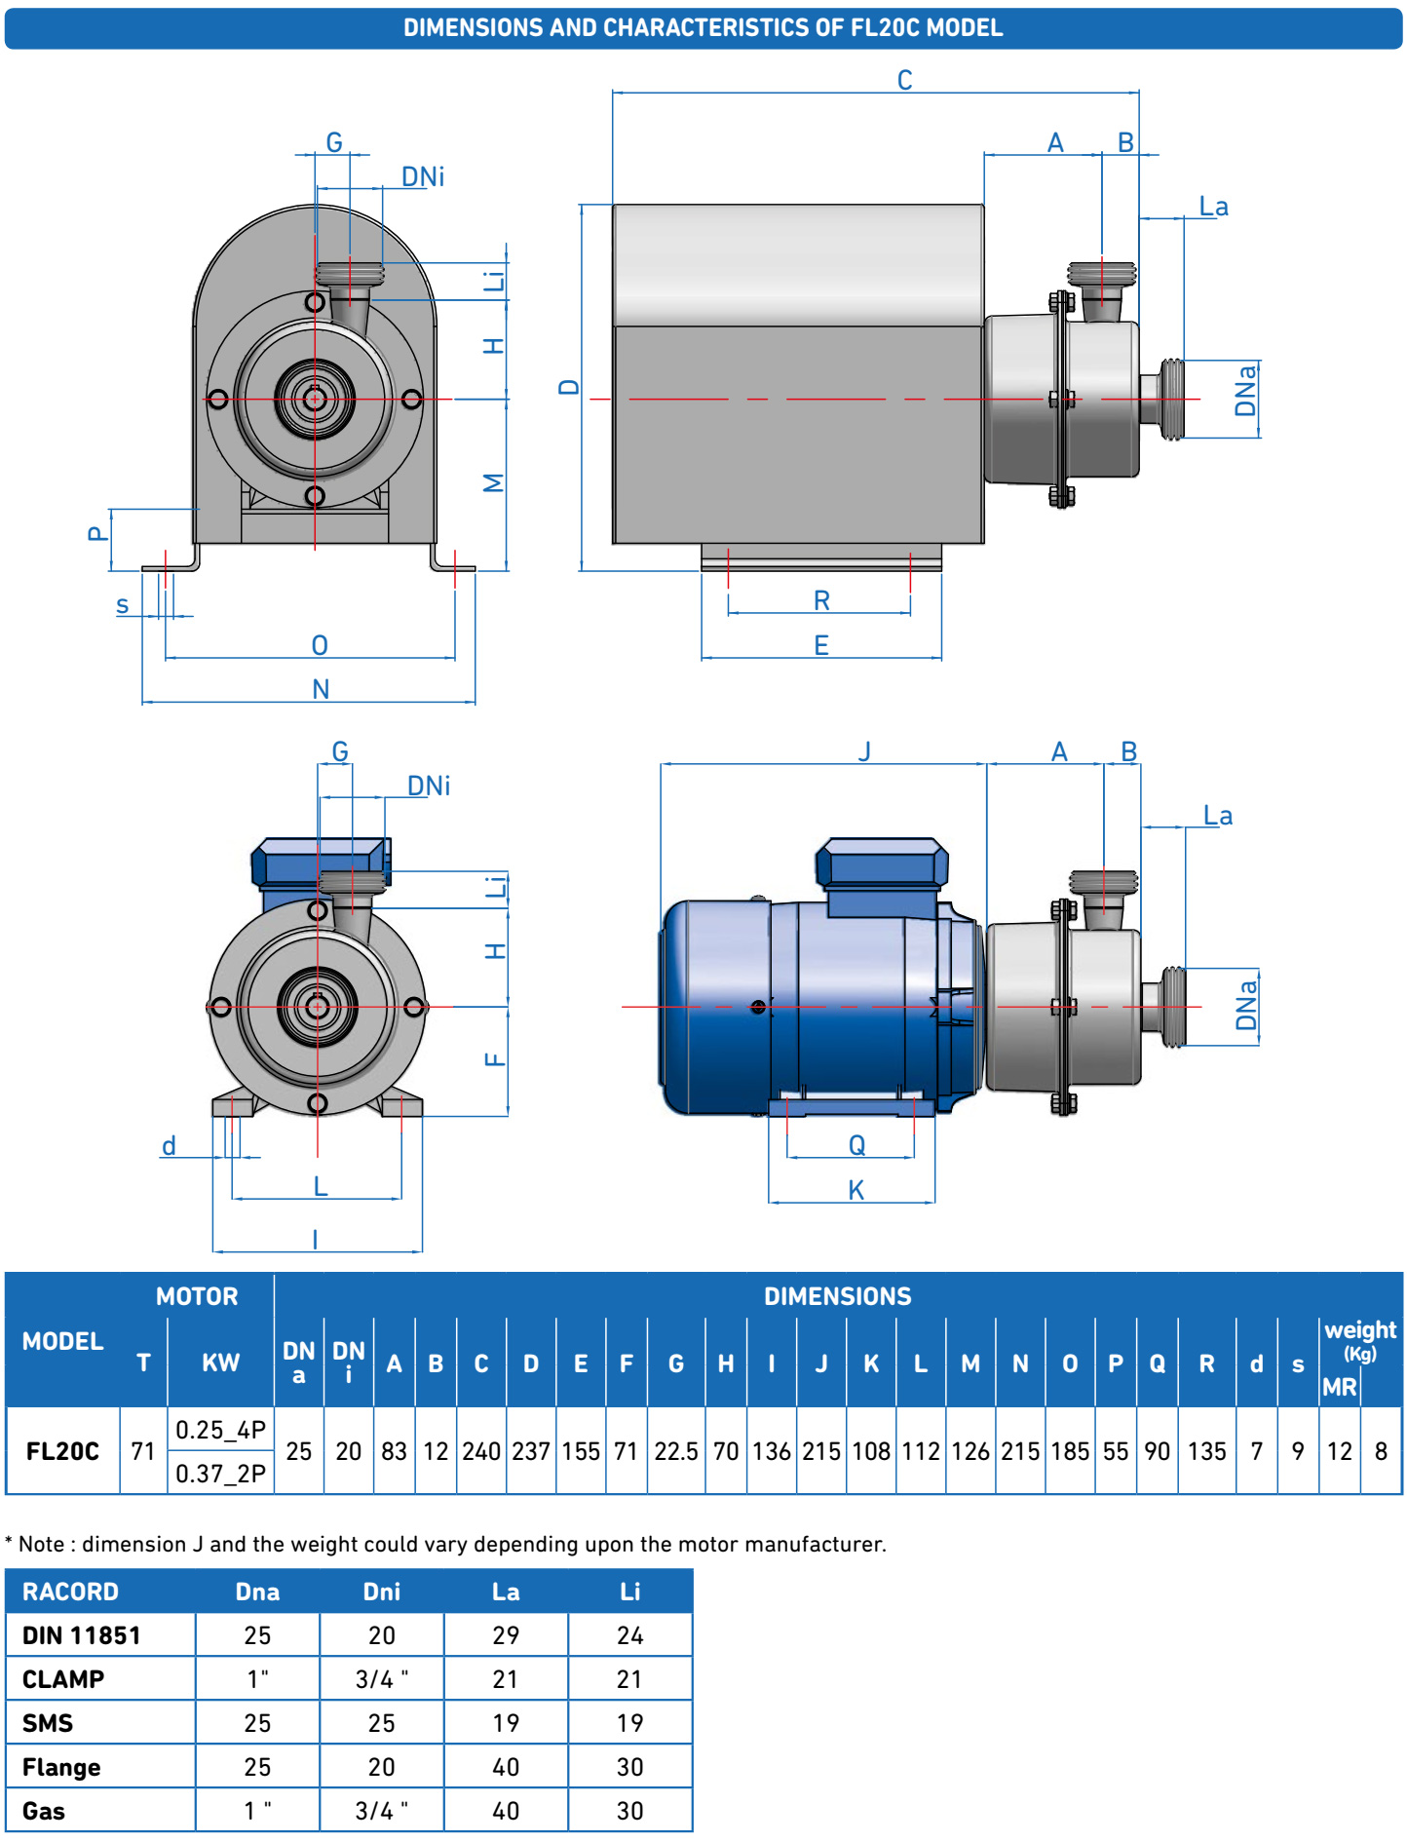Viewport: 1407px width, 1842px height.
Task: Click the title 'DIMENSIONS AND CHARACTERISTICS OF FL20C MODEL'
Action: click(x=703, y=27)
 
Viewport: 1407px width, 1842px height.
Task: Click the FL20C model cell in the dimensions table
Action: click(x=62, y=1451)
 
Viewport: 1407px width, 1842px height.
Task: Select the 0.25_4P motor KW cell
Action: click(x=220, y=1430)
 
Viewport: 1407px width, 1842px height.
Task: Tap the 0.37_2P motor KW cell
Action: click(x=220, y=1474)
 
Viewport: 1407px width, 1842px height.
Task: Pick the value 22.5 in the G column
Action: click(x=675, y=1451)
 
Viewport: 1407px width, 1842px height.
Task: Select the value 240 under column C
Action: click(x=481, y=1451)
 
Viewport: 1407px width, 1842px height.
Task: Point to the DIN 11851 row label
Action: click(x=82, y=1635)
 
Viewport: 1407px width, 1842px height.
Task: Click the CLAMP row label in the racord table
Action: click(x=63, y=1679)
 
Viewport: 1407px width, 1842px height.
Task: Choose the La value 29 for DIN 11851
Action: click(x=506, y=1635)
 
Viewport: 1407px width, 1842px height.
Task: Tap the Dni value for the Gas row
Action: click(x=381, y=1811)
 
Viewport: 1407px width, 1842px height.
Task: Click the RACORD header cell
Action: click(x=70, y=1592)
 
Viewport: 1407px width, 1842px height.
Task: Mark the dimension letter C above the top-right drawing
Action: click(x=904, y=80)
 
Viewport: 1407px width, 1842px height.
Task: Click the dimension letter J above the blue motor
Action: click(x=864, y=751)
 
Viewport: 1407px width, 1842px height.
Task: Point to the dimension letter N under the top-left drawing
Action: click(x=321, y=689)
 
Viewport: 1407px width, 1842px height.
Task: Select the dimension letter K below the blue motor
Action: click(x=856, y=1190)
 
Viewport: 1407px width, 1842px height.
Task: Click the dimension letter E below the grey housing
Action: click(x=821, y=645)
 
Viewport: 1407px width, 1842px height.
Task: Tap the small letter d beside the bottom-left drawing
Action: click(x=169, y=1145)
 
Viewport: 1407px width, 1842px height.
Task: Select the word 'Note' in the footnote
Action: click(x=41, y=1544)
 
